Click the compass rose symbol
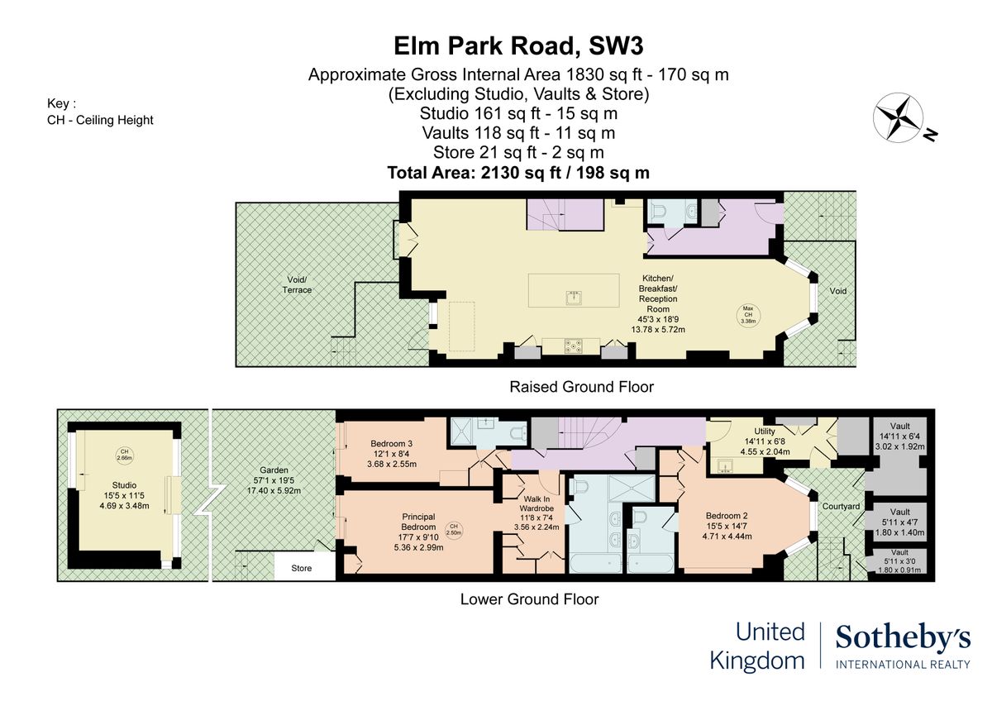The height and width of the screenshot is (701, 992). coord(898,117)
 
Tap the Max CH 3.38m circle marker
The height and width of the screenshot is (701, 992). coord(748,315)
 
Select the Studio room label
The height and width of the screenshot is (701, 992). coord(124,485)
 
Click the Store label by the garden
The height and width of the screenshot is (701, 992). coord(301,568)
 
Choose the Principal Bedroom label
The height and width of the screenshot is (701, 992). coord(418,522)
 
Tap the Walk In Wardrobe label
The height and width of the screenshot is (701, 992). coord(537,503)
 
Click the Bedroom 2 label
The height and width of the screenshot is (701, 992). coord(727,516)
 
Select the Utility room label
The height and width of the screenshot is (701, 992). coord(765,432)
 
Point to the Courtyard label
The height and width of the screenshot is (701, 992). coord(841,506)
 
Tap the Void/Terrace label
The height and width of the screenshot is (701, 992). coord(297,284)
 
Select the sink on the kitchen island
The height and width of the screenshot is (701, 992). coord(574,298)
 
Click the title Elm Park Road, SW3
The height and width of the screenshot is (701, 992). coord(518,46)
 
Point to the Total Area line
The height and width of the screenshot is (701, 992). coord(518,173)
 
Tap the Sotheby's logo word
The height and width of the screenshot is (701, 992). coord(903,638)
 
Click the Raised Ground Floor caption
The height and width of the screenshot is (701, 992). coord(581,387)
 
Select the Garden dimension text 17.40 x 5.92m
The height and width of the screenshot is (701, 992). coord(274,491)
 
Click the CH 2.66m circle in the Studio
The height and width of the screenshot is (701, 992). coord(125,455)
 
